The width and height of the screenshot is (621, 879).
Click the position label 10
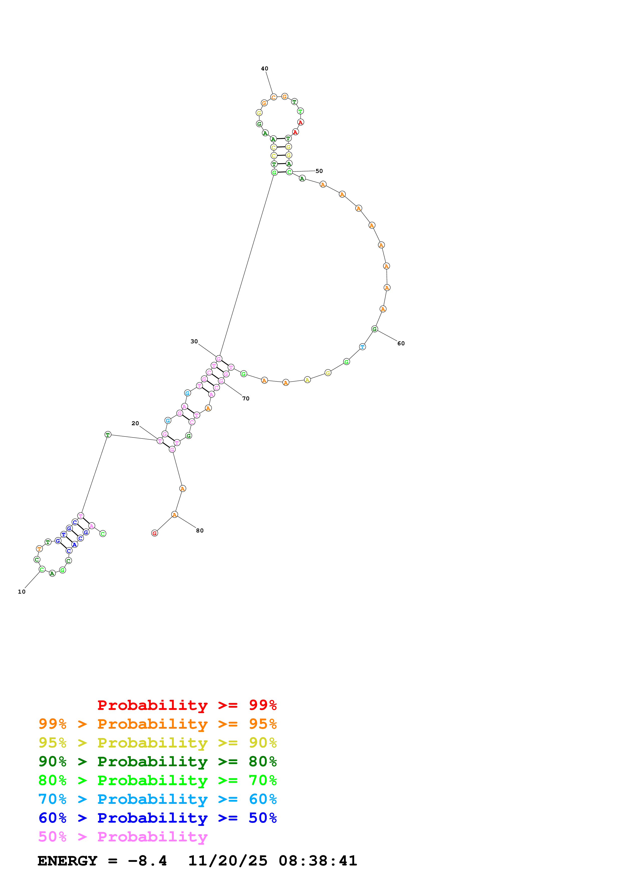22,592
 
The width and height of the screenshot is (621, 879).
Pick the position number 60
401,344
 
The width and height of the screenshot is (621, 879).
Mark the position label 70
246,399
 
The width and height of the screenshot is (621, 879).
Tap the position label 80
200,531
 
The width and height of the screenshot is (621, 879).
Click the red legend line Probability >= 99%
187,705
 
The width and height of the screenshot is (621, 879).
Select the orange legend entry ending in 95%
157,724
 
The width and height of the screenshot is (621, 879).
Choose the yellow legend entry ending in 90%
157,743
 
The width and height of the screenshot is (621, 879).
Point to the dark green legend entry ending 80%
157,761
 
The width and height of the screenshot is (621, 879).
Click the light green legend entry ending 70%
157,780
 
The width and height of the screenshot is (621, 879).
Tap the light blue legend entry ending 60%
157,799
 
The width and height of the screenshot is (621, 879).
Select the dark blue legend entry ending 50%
157,818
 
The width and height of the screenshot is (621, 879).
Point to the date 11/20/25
228,861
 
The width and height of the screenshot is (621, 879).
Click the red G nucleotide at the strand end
155,533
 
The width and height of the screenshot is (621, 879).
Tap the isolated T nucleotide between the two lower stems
108,434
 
